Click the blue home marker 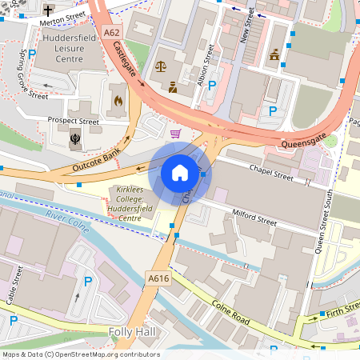(x=180, y=172)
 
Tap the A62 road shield (x=112, y=33)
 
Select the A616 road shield (x=157, y=278)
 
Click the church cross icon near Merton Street (x=49, y=11)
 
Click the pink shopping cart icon (x=175, y=133)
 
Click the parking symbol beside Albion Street (x=213, y=86)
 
